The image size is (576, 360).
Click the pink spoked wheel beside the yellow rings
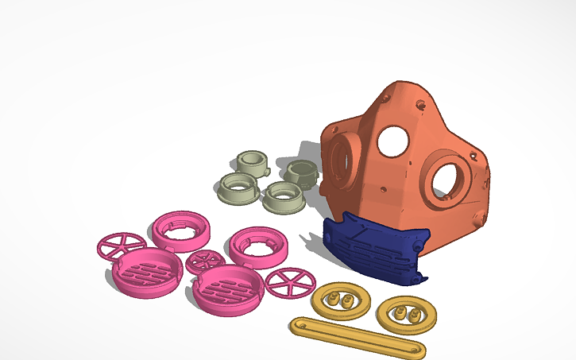[x=289, y=282]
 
